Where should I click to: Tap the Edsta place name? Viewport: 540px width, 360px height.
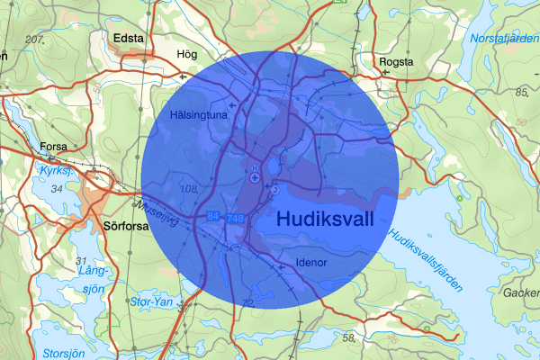click(x=130, y=38)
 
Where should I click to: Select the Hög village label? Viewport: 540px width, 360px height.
click(x=188, y=54)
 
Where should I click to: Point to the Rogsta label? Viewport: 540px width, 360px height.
click(x=397, y=62)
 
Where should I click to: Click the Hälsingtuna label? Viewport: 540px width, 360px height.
click(x=200, y=115)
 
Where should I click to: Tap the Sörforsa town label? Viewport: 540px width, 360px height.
click(x=125, y=227)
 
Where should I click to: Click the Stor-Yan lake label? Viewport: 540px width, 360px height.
click(x=151, y=301)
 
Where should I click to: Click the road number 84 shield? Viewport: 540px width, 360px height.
click(x=213, y=218)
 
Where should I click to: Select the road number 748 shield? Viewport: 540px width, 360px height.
click(x=236, y=219)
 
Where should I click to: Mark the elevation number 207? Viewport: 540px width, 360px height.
click(x=35, y=40)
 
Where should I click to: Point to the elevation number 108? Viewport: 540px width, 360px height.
click(x=189, y=188)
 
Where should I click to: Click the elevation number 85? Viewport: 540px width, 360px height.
click(x=521, y=92)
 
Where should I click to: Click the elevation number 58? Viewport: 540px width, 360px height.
click(x=348, y=337)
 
